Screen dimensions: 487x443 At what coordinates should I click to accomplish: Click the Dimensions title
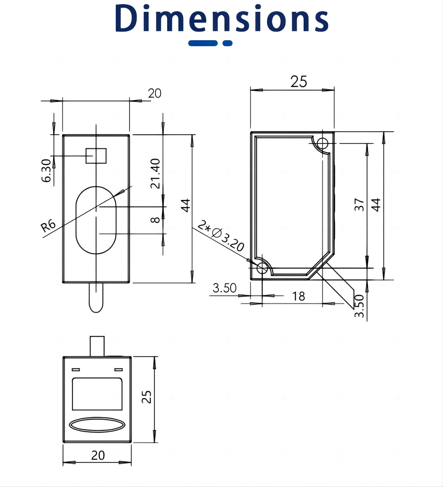point(221,18)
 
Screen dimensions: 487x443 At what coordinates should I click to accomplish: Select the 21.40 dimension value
point(155,173)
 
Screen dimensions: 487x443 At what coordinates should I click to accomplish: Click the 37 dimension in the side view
point(359,204)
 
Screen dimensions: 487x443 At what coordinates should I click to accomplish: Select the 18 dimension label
point(298,296)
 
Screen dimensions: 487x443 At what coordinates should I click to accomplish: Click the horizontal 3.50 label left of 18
point(224,288)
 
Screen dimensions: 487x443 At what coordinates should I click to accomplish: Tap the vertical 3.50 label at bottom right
point(359,306)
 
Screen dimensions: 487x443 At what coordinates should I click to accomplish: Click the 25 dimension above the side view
point(299,82)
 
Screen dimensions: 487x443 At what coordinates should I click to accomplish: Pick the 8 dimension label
point(155,220)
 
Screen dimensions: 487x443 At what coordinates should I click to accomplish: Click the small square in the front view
point(96,156)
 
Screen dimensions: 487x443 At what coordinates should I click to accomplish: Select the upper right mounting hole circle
point(323,143)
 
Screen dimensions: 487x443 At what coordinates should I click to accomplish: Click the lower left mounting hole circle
point(262,268)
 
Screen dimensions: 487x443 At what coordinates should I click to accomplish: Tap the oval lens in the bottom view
point(97,425)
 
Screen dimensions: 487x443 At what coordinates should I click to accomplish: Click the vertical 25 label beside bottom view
point(147,397)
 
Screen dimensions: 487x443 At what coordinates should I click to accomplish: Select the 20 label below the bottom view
point(98,455)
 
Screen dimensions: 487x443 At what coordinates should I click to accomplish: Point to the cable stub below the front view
point(96,297)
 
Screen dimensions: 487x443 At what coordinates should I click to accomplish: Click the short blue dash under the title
point(227,43)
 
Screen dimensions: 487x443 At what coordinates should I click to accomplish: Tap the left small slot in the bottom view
point(76,370)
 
